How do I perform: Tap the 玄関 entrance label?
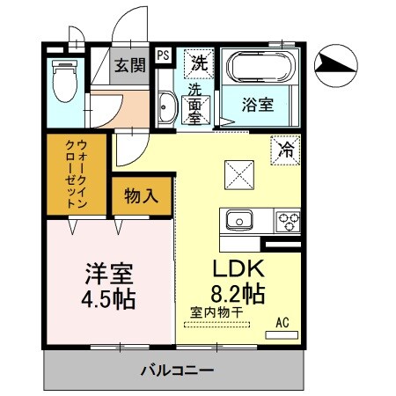coord(130,67)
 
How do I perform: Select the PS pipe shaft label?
coord(164,55)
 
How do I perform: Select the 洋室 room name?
coord(107,272)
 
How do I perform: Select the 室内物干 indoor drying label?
coord(216,312)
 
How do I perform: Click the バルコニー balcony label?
coord(176,370)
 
